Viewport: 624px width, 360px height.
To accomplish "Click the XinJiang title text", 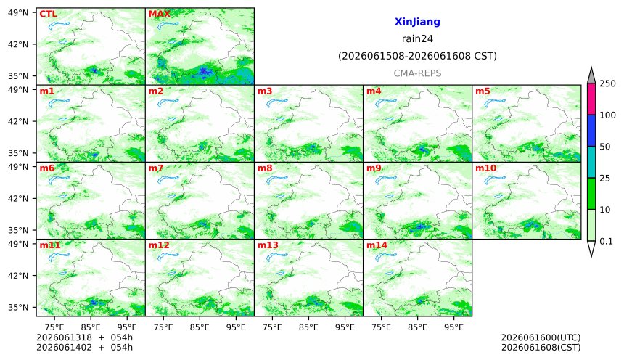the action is click(417, 22).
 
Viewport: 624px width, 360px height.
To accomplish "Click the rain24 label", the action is click(417, 38).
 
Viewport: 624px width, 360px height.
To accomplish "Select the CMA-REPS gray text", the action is click(417, 73).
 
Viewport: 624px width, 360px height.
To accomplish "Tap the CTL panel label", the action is click(48, 14).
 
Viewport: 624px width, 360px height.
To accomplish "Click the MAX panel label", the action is click(159, 14).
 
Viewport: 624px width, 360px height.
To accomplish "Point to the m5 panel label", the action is click(483, 91).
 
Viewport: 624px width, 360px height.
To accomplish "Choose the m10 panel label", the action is click(486, 168).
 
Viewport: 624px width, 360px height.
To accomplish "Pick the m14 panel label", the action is click(377, 245).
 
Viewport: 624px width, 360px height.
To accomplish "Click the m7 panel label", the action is click(156, 168).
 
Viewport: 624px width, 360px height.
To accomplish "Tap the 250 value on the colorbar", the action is click(607, 83).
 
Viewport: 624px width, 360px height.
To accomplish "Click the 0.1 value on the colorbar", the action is click(606, 241).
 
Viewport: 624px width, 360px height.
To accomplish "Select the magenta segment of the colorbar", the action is click(591, 99).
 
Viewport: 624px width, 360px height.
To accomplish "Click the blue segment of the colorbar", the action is click(591, 131).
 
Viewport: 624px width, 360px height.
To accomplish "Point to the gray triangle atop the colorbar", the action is click(591, 76).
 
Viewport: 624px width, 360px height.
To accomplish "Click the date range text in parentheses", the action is click(417, 56).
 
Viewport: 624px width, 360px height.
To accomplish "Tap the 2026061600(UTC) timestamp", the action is click(541, 337).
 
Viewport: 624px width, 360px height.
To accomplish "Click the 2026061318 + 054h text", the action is click(84, 337).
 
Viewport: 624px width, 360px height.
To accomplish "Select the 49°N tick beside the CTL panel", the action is click(18, 13).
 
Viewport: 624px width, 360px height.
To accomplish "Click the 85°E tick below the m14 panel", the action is click(417, 327).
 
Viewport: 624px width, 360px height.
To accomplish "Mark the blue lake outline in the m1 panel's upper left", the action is click(59, 103).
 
